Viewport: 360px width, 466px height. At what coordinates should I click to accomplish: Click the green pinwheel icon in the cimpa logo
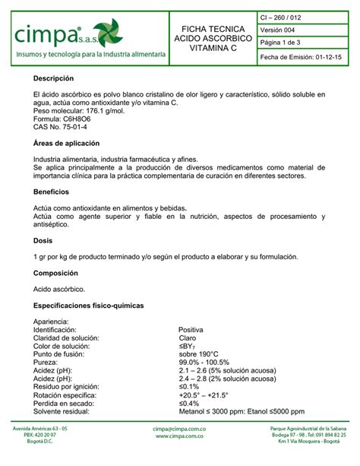(108, 33)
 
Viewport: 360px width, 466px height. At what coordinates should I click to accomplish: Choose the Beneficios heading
(51, 192)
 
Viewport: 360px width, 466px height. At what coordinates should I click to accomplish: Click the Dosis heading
(43, 240)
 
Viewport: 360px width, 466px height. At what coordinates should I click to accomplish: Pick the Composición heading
(56, 272)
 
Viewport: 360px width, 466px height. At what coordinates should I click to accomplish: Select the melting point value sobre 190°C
(198, 354)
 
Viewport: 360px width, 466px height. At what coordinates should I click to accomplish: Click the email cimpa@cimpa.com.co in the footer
(179, 430)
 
